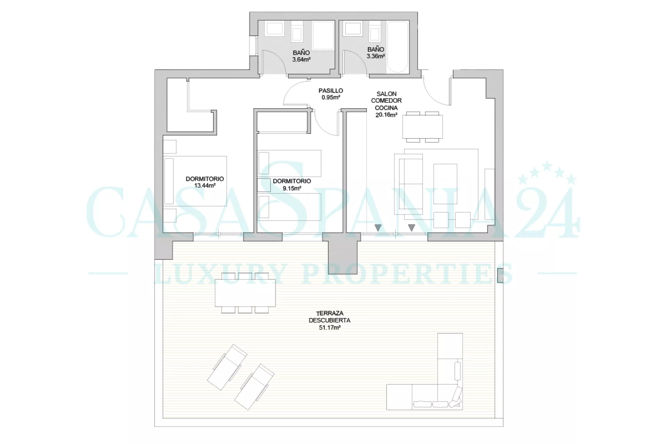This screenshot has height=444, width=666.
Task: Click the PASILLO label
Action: click(331, 91)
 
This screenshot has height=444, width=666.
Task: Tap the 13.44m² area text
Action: click(205, 186)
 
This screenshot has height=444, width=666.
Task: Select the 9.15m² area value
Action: click(292, 188)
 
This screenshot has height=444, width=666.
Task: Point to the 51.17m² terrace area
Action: click(330, 327)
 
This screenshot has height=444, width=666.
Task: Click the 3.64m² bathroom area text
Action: click(301, 59)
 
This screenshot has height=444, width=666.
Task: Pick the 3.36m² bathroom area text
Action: click(376, 56)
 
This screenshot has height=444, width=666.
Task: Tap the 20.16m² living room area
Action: click(386, 115)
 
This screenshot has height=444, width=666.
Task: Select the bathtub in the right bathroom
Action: click(398, 47)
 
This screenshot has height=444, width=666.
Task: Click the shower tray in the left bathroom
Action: click(323, 35)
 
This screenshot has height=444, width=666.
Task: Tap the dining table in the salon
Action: click(422, 127)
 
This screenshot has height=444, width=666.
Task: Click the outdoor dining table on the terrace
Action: click(245, 293)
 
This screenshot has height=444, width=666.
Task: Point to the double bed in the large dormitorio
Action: click(195, 181)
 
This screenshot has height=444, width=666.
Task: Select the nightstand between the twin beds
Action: click(264, 185)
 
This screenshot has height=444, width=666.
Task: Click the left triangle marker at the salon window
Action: click(378, 228)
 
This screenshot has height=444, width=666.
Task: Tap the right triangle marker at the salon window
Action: click(412, 228)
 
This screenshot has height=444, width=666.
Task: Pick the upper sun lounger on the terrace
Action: click(227, 367)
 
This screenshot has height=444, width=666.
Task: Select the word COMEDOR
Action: click(386, 101)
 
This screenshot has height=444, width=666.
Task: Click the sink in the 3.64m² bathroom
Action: click(275, 29)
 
